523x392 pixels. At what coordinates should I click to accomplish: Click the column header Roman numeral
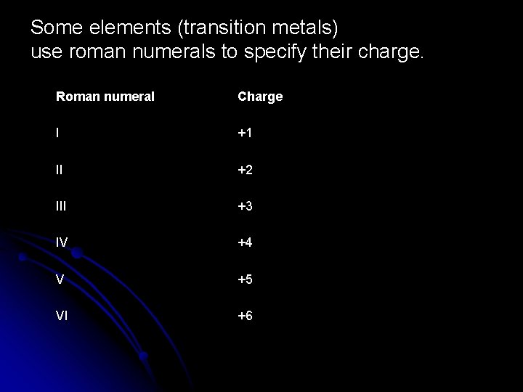pos(105,97)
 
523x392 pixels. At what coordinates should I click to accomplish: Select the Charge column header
pos(259,97)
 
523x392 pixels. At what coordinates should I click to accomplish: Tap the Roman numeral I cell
pos(58,134)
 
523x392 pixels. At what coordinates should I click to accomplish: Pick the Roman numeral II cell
pos(60,170)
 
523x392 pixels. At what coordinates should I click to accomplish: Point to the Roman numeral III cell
pos(62,206)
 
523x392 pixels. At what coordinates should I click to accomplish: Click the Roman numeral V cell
pos(60,279)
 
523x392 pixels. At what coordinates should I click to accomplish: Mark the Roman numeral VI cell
pos(63,316)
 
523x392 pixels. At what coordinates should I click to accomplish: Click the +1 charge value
pos(246,134)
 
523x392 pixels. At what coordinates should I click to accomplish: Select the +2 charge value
pos(246,170)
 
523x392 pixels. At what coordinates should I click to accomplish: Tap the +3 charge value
pos(246,206)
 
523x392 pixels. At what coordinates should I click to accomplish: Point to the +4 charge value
pos(246,243)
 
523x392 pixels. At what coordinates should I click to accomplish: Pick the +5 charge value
pos(246,279)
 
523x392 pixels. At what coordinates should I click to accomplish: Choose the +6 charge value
pos(246,316)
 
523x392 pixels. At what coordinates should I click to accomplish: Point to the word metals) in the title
pos(304,29)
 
